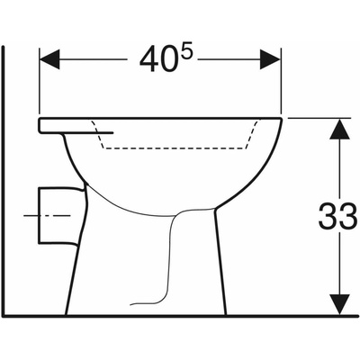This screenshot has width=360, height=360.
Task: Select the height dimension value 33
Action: [x=337, y=216]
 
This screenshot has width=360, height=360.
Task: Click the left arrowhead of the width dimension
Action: [x=49, y=59]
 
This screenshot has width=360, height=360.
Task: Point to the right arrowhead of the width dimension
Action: [x=270, y=59]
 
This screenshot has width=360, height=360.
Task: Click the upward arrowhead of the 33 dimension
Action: [x=340, y=129]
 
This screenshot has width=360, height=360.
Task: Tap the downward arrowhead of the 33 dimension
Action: [x=340, y=304]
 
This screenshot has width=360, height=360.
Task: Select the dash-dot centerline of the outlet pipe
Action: [x=47, y=216]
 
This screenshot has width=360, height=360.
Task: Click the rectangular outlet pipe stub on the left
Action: [x=60, y=216]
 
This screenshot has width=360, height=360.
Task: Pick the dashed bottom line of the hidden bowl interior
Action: [x=175, y=148]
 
